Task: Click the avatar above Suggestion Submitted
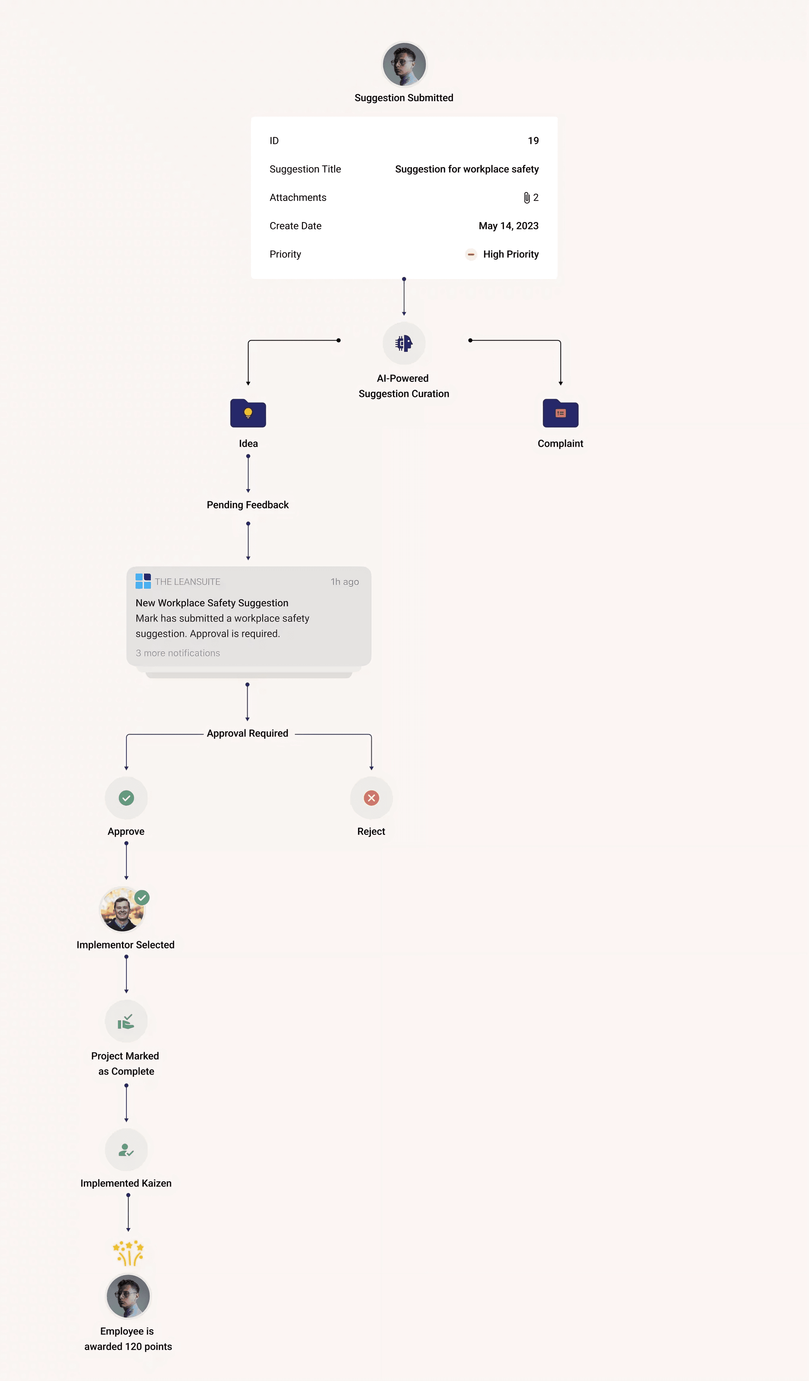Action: coord(404,64)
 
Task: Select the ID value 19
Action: coord(533,141)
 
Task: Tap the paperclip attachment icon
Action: coord(526,198)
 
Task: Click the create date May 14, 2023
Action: coord(508,226)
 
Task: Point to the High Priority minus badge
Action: coord(471,254)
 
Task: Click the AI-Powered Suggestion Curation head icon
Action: coord(404,343)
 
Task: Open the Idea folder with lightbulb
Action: coord(248,413)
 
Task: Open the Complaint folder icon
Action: coord(560,413)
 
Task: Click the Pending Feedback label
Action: coord(247,505)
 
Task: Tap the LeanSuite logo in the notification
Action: coord(143,582)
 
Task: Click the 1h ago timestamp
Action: coord(344,582)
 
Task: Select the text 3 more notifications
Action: coord(178,653)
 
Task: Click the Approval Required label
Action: coord(247,733)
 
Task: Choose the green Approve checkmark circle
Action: coord(126,798)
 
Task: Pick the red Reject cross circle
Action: coord(371,798)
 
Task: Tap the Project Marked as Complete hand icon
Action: coord(126,1021)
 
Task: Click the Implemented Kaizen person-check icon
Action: coord(126,1150)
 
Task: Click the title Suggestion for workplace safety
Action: coord(467,169)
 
